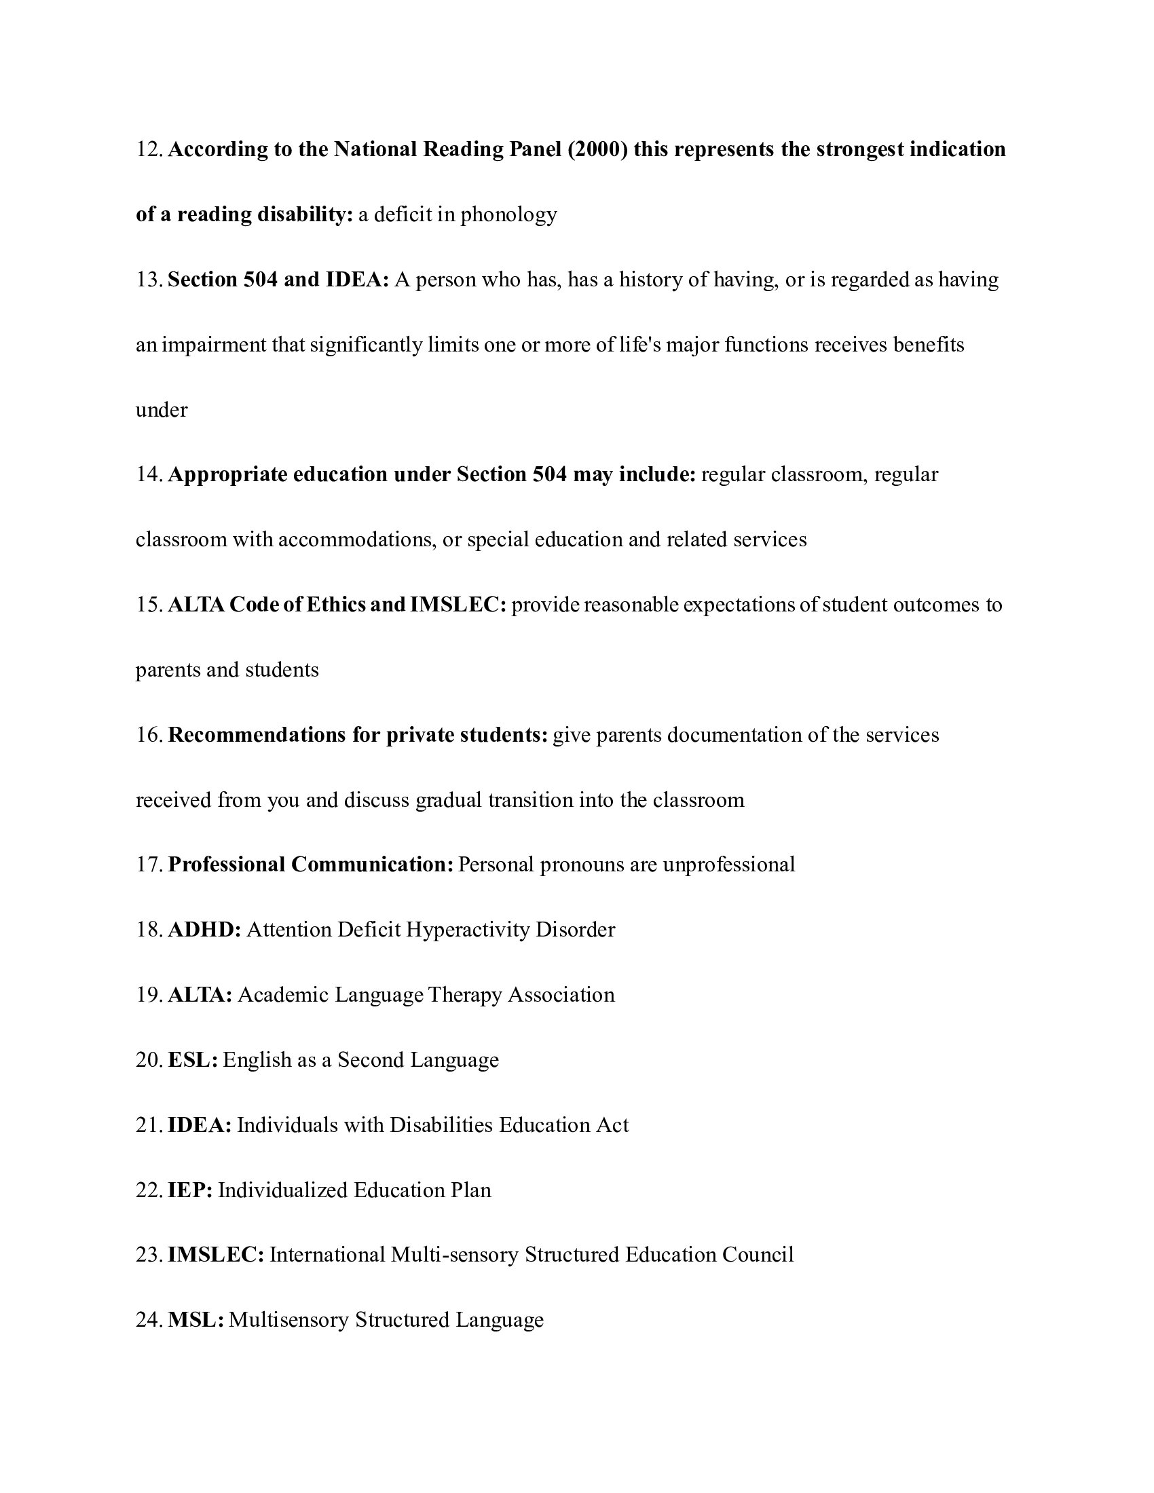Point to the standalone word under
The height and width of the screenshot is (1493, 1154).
(x=162, y=410)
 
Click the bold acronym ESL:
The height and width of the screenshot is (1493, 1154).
(x=193, y=1059)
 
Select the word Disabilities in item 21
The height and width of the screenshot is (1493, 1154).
(x=441, y=1125)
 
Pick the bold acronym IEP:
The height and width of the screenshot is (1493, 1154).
(x=190, y=1190)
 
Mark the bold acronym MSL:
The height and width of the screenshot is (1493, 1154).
(x=196, y=1320)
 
